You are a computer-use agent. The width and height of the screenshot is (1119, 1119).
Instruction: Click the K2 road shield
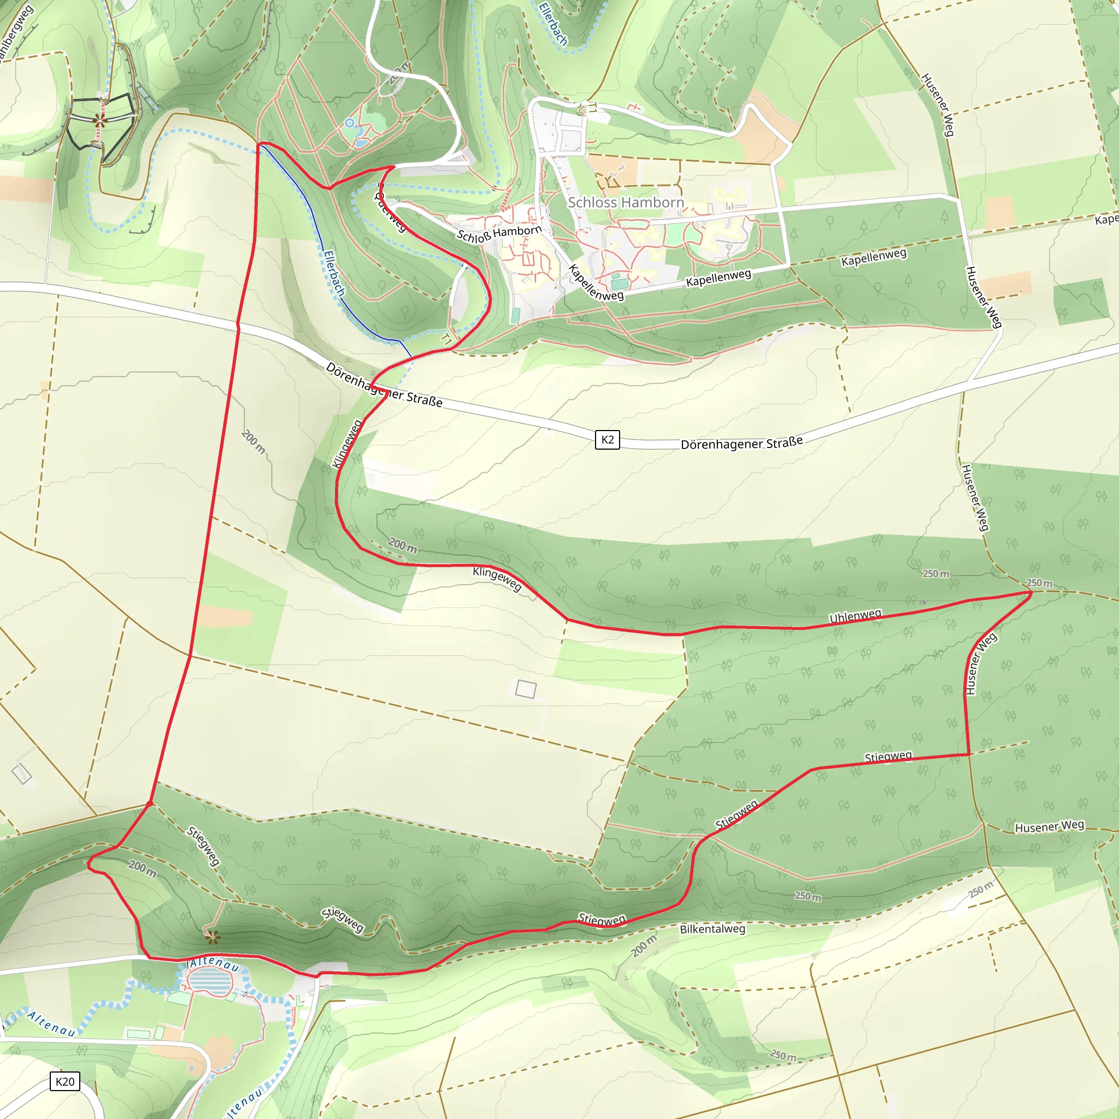[607, 440]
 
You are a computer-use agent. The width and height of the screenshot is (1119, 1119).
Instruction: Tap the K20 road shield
[65, 1081]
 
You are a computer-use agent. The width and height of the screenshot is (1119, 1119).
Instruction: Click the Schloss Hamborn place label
[626, 202]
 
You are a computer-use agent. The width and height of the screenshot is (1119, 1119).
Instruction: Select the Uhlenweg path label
[856, 616]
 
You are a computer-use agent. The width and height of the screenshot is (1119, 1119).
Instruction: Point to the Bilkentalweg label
[712, 929]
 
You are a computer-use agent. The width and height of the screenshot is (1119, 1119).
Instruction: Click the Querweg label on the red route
[390, 212]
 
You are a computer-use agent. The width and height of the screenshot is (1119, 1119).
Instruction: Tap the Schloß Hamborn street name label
[499, 234]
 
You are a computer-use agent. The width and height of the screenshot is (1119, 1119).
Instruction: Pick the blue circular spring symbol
[349, 123]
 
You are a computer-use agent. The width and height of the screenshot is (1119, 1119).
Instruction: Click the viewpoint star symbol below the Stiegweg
[213, 937]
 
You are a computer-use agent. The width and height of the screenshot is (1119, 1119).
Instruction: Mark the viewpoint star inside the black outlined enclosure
[100, 120]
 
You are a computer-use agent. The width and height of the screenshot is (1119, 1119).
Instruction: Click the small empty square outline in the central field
[525, 689]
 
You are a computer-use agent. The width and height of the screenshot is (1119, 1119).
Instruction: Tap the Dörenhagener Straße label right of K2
[741, 443]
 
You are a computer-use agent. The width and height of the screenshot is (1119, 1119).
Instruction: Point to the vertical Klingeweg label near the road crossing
[346, 444]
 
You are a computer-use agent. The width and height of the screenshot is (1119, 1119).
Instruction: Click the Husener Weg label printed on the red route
[981, 664]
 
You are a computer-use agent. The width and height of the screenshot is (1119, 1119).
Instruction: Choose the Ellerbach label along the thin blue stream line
[334, 273]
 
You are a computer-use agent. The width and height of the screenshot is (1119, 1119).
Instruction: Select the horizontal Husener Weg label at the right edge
[1049, 827]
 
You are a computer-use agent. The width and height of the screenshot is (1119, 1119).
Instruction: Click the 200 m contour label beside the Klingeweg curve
[402, 545]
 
